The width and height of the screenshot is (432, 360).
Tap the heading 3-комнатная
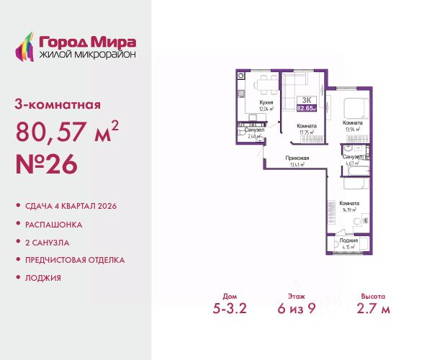pyautogui.click(x=58, y=104)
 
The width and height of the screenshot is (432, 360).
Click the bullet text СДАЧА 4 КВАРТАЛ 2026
pyautogui.click(x=70, y=206)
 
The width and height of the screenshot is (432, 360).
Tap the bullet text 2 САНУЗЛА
pyautogui.click(x=50, y=242)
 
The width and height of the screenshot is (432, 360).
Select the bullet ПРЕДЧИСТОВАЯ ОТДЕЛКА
pyautogui.click(x=74, y=259)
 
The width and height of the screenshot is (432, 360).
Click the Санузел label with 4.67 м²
pyautogui.click(x=352, y=156)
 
